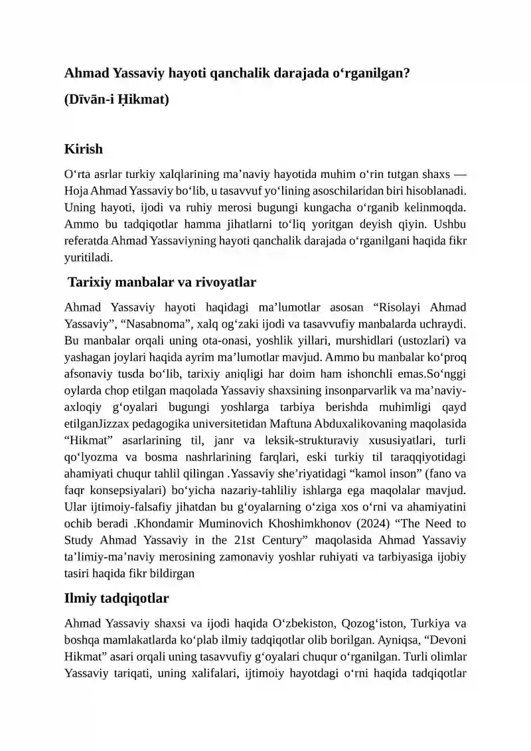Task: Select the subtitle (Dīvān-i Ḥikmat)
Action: (117, 100)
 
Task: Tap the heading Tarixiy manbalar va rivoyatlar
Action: (162, 282)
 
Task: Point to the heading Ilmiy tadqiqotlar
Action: (116, 598)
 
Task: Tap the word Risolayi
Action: (398, 307)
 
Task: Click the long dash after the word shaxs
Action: (459, 175)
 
